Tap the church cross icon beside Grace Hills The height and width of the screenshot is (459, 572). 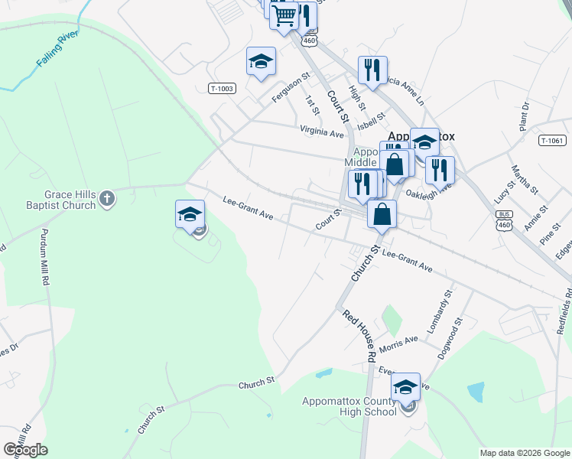(107, 199)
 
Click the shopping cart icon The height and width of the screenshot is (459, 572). (284, 15)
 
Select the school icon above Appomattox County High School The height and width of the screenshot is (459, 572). (405, 385)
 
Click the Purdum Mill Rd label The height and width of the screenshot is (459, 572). (44, 258)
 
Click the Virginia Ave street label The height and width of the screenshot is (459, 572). (322, 132)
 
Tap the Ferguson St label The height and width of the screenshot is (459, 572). (291, 88)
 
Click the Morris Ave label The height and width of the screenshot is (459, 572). (398, 344)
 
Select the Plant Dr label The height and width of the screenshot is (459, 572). (525, 117)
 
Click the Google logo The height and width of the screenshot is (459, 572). (25, 450)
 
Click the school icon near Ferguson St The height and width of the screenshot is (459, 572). (260, 61)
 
